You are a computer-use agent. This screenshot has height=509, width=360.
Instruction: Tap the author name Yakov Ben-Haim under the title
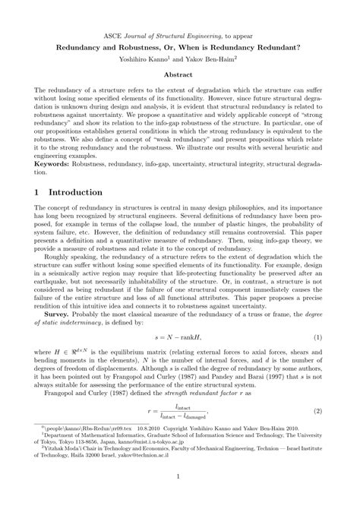[221, 57]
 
